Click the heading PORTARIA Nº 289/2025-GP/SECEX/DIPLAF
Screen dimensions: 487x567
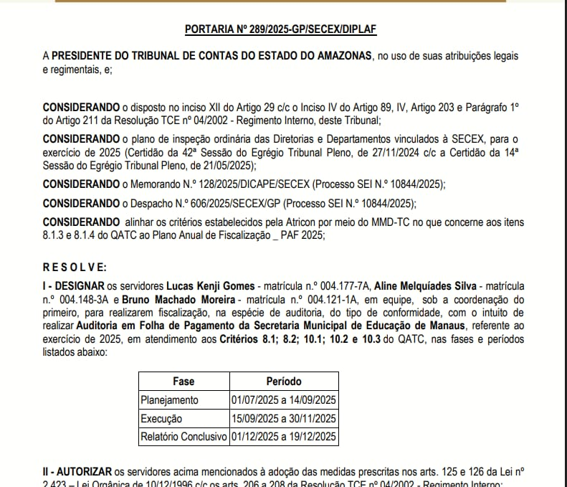280,29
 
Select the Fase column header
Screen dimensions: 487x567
184,382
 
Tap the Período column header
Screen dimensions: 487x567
284,382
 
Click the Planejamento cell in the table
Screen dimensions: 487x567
169,400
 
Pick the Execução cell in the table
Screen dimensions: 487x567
161,418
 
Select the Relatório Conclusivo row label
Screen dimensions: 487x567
184,436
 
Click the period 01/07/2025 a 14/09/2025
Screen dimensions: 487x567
284,400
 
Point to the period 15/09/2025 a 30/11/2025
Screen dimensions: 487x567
284,418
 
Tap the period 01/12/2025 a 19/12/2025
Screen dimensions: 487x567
284,436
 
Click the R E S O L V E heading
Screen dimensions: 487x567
75,268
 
